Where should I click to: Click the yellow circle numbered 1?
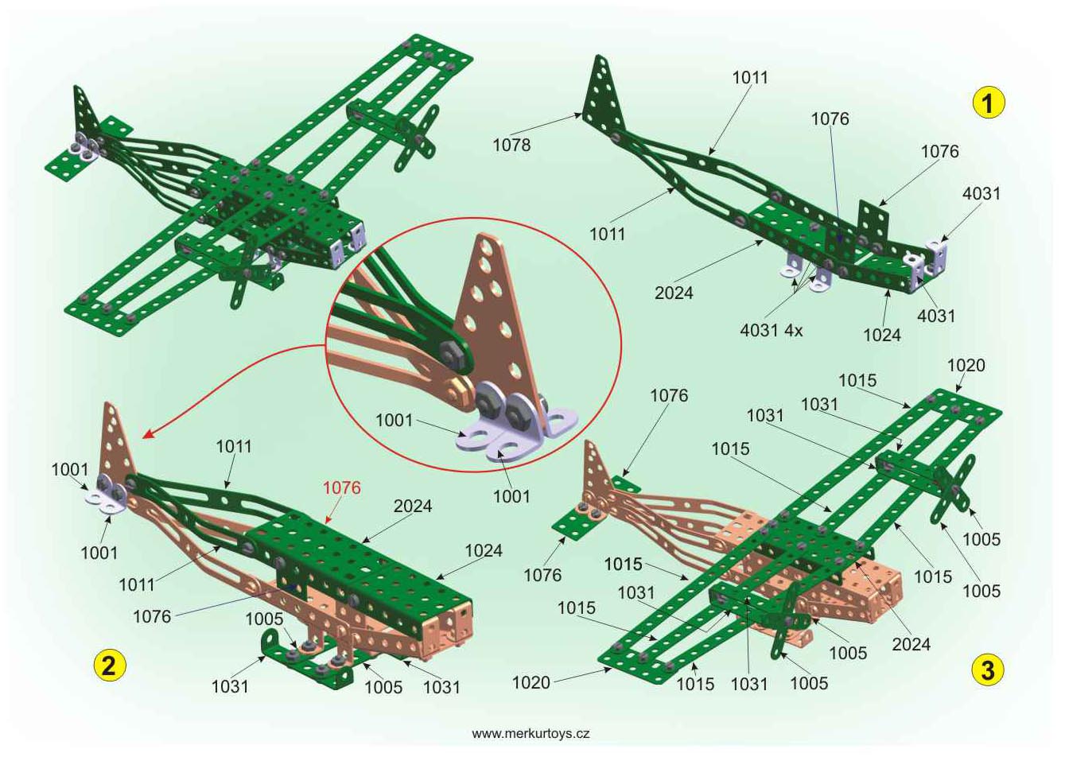point(989,103)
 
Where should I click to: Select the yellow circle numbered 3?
point(988,670)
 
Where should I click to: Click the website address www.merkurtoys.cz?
point(531,734)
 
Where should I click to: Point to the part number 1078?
point(511,145)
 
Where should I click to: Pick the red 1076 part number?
point(342,488)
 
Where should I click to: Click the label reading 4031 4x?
point(771,330)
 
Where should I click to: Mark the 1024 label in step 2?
point(484,550)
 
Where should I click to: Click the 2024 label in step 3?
point(911,644)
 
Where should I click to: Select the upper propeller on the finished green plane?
point(416,138)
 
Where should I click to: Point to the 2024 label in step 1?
point(674,293)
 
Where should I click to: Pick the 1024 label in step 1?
point(882,335)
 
